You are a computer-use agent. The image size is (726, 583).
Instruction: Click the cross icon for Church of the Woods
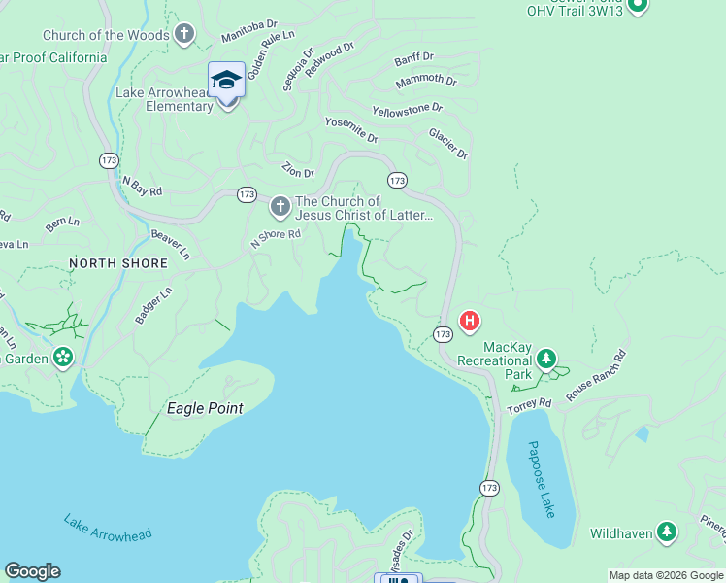point(184,36)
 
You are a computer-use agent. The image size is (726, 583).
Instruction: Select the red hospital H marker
point(470,320)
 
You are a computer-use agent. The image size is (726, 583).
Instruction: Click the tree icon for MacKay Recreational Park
point(546,360)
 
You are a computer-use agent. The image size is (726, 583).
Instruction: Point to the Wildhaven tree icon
point(666,532)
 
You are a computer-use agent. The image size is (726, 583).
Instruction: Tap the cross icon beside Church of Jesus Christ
point(280,207)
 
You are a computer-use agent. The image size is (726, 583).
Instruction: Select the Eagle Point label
point(205,408)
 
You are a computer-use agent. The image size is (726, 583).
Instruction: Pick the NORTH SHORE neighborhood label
point(117,263)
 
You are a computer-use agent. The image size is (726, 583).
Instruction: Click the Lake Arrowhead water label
point(109,528)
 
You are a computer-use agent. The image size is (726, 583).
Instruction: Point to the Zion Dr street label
point(298,170)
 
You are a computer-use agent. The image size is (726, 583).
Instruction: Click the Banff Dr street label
point(414,60)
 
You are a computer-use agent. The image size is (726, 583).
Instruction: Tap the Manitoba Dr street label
point(247,34)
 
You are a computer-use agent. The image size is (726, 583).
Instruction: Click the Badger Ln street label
point(153,305)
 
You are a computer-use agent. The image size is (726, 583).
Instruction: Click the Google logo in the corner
point(32,571)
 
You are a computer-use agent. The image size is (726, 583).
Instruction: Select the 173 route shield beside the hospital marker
point(443,333)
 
